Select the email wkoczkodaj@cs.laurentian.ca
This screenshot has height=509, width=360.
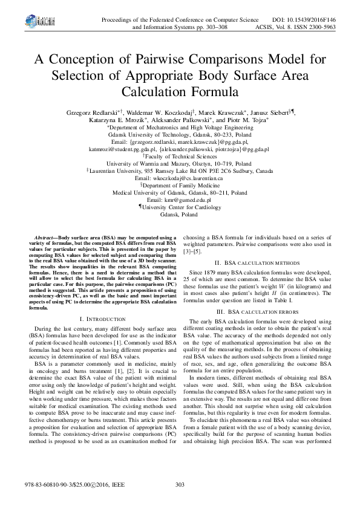[x=180, y=179]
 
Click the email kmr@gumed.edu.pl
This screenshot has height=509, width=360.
[x=179, y=199]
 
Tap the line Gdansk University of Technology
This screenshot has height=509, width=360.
[x=180, y=135]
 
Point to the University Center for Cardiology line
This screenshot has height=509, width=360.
[x=180, y=207]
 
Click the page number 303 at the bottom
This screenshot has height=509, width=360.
[x=179, y=485]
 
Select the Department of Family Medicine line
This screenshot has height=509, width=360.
[x=180, y=186]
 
